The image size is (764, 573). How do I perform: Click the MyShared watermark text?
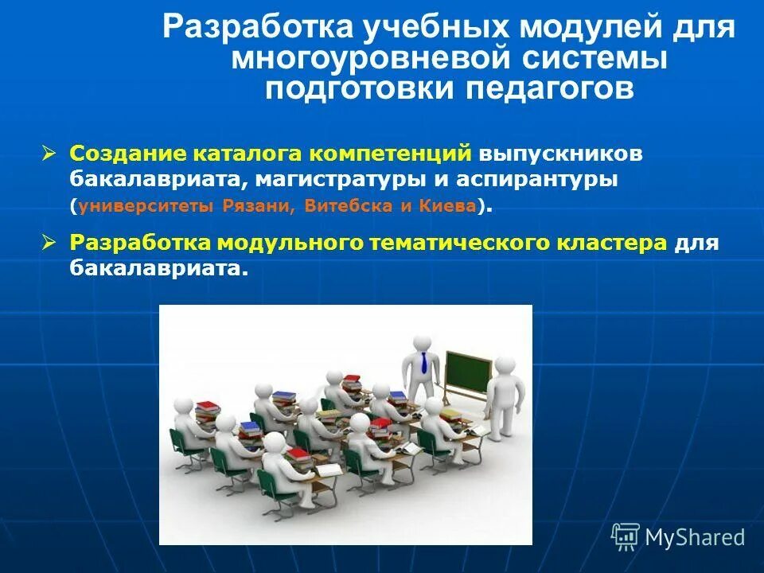point(694,537)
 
